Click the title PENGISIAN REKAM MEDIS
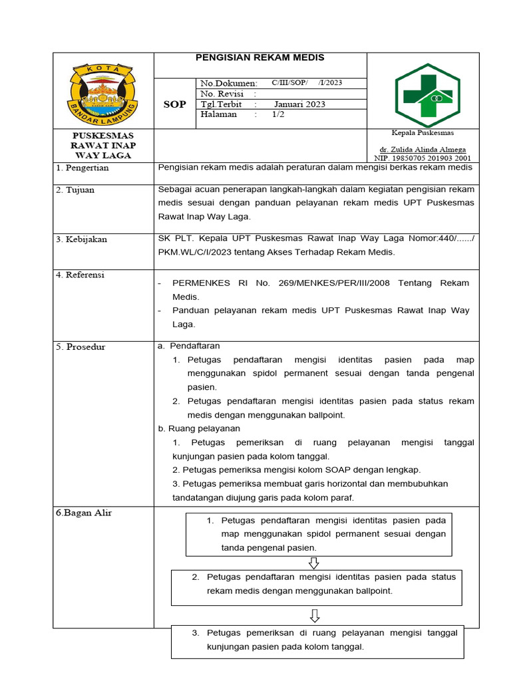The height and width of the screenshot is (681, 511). (x=259, y=58)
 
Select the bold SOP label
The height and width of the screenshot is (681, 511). (x=175, y=104)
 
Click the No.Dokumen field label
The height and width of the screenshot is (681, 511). (x=228, y=83)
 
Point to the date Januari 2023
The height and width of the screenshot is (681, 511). (x=299, y=104)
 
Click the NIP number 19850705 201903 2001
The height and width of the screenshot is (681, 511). (x=423, y=158)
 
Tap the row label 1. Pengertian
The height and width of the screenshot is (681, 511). (x=83, y=168)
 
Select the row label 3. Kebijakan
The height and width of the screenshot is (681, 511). (x=81, y=239)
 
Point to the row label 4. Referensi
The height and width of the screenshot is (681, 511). (x=81, y=275)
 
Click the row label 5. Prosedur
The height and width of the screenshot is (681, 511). (x=81, y=347)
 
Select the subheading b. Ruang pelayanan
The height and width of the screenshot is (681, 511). (x=199, y=428)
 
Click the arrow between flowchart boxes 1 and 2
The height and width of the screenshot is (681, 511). (x=313, y=563)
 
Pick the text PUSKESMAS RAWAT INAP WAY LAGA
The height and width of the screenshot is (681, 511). (x=103, y=146)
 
